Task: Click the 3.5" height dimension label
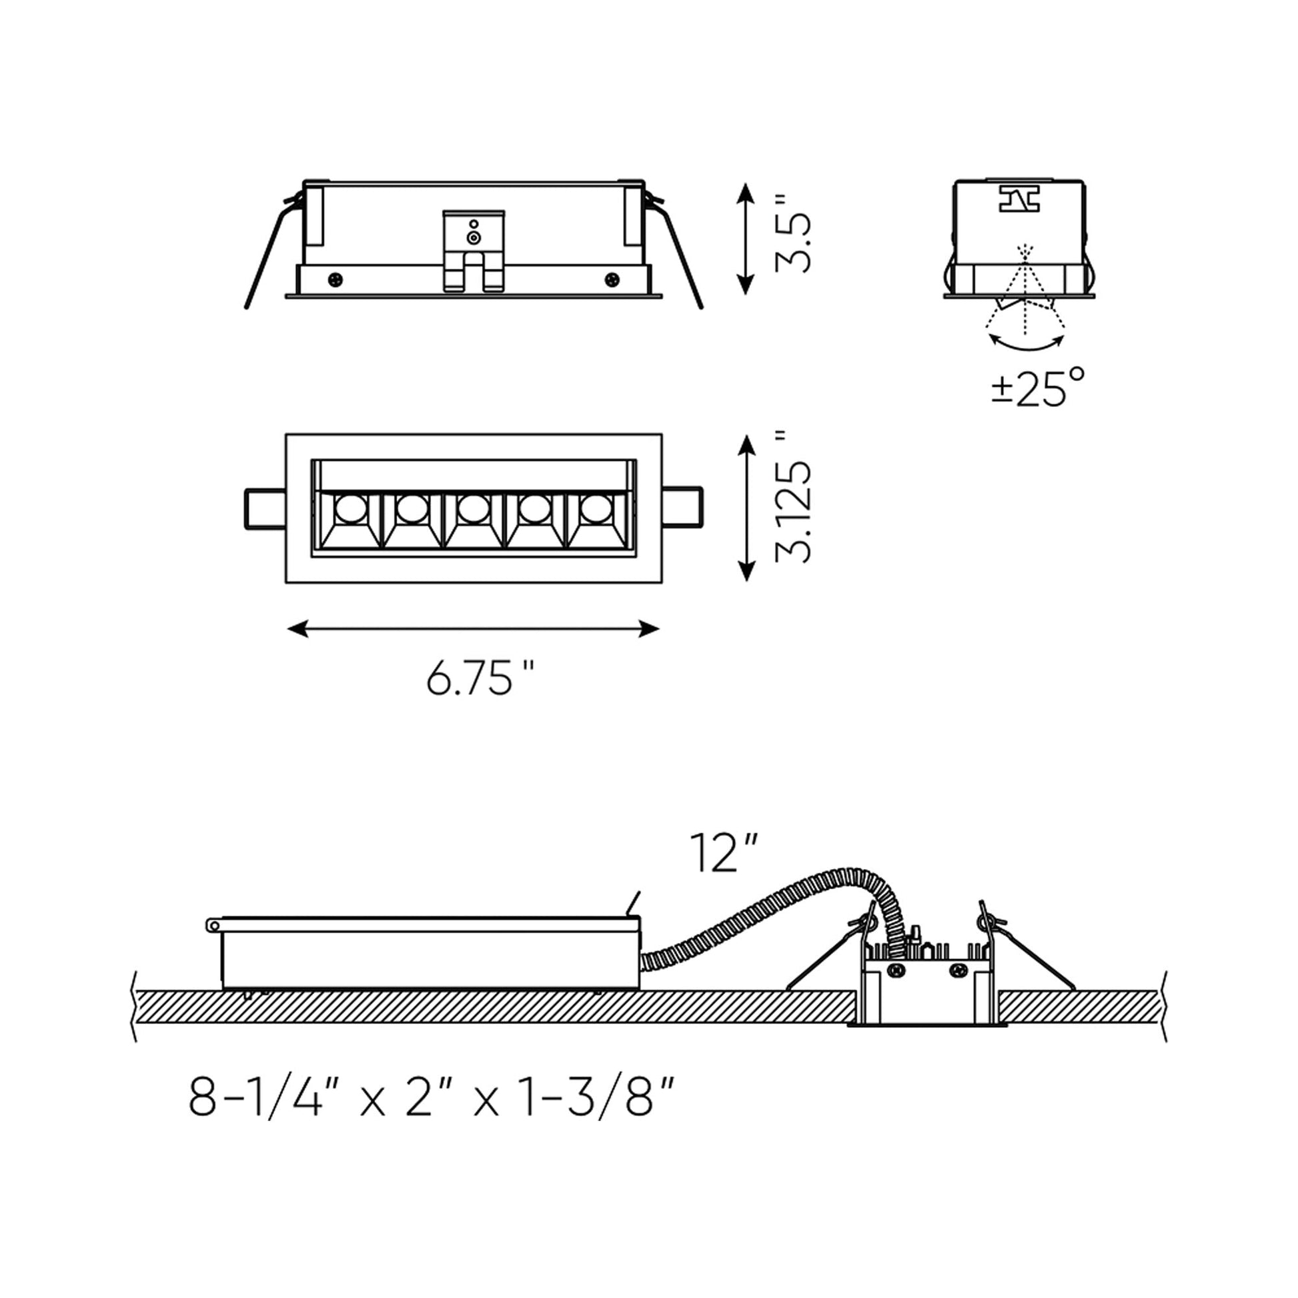pos(793,233)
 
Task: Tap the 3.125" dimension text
pos(793,496)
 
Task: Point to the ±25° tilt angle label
pos(1038,388)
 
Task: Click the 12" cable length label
pos(724,853)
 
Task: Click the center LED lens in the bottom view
pos(473,508)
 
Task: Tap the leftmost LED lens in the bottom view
pos(350,508)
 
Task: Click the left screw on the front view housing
pos(335,279)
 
